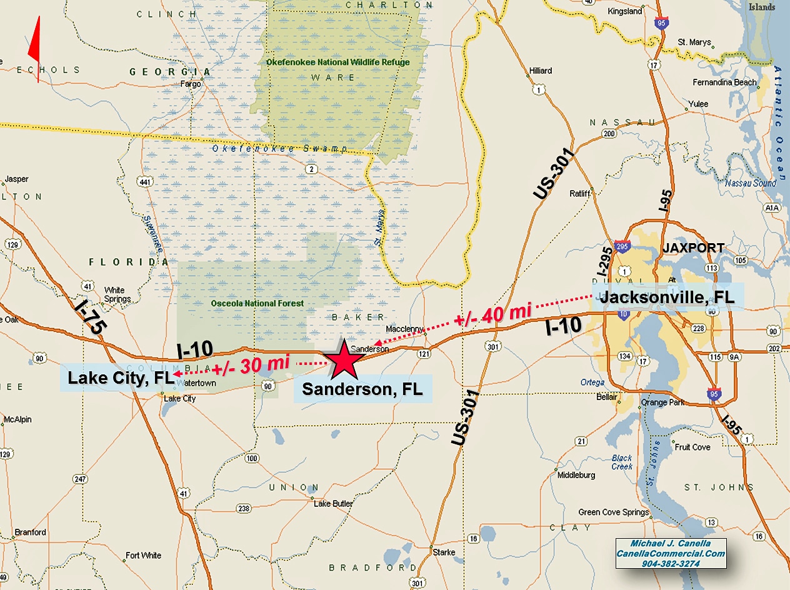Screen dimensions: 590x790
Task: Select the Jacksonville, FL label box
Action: point(667,297)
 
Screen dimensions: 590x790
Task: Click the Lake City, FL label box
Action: point(117,378)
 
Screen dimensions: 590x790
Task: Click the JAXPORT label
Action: point(694,248)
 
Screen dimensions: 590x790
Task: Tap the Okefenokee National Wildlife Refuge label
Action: point(338,62)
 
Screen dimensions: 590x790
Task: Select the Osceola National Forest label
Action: point(257,304)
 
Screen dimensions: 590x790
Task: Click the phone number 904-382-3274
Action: point(671,563)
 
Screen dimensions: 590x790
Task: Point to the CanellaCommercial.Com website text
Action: point(671,554)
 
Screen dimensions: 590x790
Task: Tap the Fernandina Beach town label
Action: point(724,82)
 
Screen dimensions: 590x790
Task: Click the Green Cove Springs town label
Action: point(614,512)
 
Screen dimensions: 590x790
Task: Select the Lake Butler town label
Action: point(333,503)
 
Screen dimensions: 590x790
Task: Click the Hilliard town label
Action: point(541,71)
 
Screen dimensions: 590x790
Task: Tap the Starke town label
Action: point(444,552)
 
